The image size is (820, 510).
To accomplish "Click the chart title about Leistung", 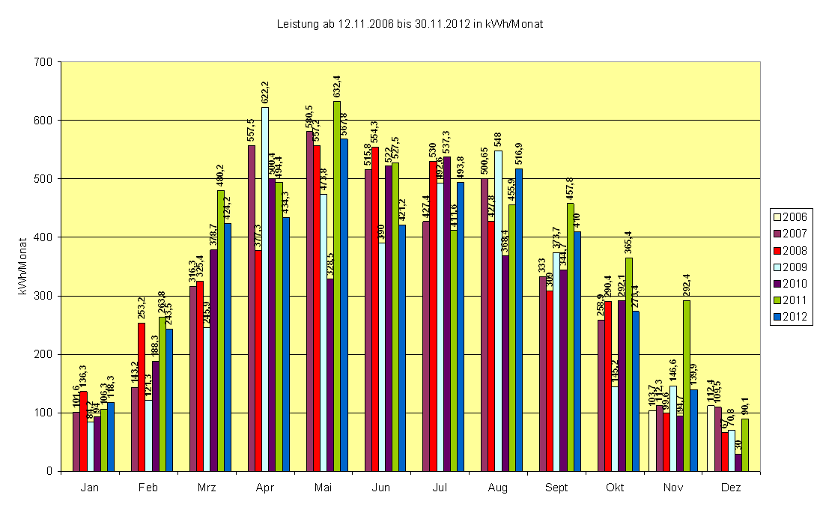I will pos(410,24).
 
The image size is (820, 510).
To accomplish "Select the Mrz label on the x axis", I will pos(207,488).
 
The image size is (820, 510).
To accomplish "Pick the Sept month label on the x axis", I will pos(556,488).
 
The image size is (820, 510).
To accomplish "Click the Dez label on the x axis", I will pos(731,488).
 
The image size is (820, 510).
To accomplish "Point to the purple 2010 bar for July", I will pos(447,314).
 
